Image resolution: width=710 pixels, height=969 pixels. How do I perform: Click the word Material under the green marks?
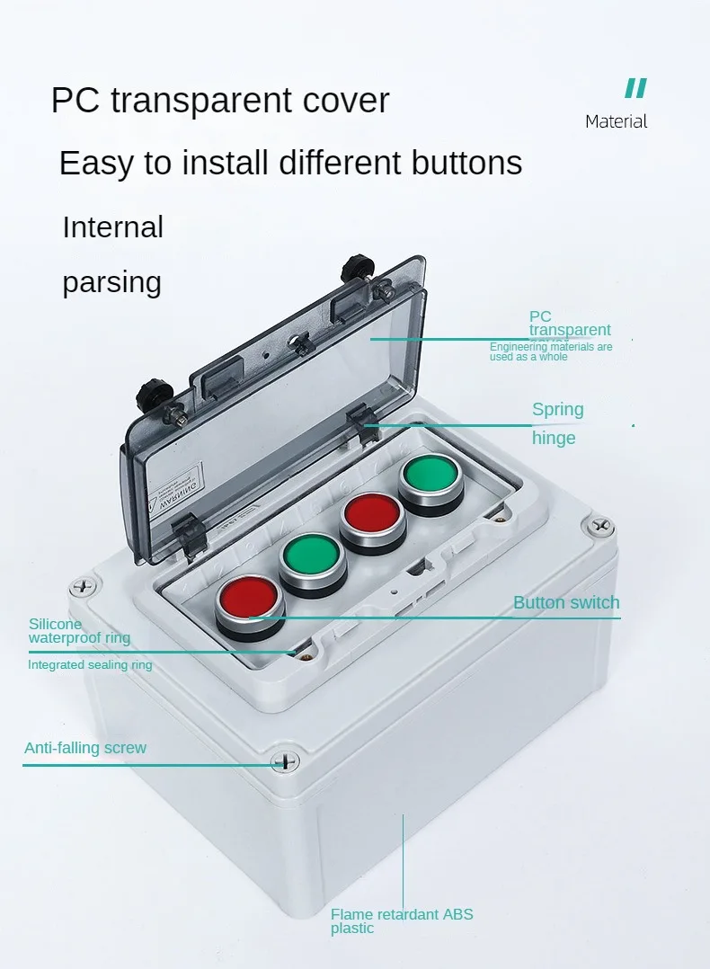click(616, 121)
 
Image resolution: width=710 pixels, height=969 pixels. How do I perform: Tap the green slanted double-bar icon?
click(635, 88)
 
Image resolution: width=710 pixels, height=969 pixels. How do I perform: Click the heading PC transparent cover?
click(220, 100)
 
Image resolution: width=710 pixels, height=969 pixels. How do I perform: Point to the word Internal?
click(112, 227)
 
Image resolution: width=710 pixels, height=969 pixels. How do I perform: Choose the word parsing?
click(111, 282)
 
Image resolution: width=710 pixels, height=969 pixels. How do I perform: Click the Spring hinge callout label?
click(557, 423)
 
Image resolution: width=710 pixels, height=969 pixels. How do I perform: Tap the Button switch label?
click(566, 602)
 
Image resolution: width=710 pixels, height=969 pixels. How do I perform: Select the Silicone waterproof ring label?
click(79, 631)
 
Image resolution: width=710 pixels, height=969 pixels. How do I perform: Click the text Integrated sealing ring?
click(90, 665)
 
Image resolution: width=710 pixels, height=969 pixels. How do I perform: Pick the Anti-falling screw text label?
click(84, 748)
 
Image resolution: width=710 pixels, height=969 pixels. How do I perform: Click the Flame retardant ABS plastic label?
click(401, 920)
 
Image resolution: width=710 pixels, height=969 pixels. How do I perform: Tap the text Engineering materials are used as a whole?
click(550, 351)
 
